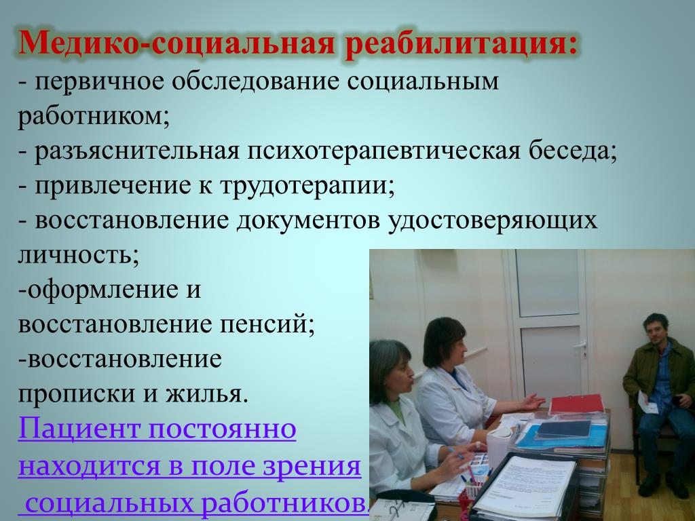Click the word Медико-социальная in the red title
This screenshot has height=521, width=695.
click(x=176, y=43)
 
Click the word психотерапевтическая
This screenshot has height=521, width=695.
click(x=383, y=151)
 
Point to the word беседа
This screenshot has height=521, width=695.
click(x=573, y=151)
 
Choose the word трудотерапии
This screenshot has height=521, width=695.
click(x=307, y=186)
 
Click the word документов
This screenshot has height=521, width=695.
click(x=308, y=220)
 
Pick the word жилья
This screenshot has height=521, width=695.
click(x=206, y=393)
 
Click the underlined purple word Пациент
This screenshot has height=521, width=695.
click(x=79, y=429)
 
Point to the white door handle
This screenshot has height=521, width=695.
click(x=580, y=345)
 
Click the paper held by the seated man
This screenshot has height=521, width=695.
click(x=646, y=403)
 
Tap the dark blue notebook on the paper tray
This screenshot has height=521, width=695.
click(x=563, y=429)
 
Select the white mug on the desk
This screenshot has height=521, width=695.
click(x=498, y=446)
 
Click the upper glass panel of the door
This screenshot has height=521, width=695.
click(x=548, y=283)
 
